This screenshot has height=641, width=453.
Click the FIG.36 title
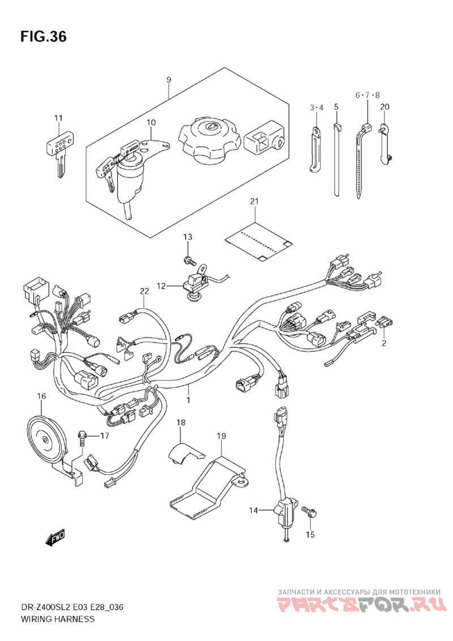pyautogui.click(x=43, y=37)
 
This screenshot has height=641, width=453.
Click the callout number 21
pyautogui.click(x=254, y=202)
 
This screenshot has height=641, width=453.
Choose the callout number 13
pyautogui.click(x=187, y=236)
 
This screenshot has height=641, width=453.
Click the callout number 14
pyautogui.click(x=253, y=510)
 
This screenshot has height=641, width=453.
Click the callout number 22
pyautogui.click(x=144, y=290)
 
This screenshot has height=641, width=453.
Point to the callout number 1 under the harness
pyautogui.click(x=189, y=400)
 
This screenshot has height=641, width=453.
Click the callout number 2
pyautogui.click(x=383, y=343)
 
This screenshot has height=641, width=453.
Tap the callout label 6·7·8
pyautogui.click(x=367, y=95)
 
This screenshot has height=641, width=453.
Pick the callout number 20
pyautogui.click(x=385, y=106)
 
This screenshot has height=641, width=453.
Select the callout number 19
pyautogui.click(x=221, y=436)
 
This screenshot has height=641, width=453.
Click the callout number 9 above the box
pyautogui.click(x=168, y=80)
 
